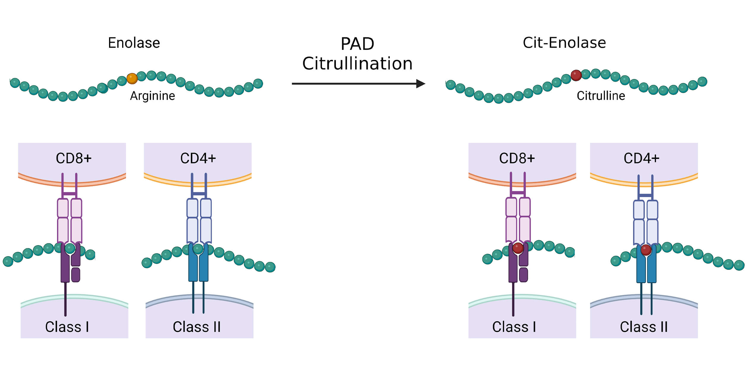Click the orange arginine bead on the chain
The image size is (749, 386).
click(132, 78)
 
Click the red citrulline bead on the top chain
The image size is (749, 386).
click(576, 75)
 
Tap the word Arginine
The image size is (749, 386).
click(152, 96)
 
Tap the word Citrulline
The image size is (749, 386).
click(601, 96)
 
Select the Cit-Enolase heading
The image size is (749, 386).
click(564, 43)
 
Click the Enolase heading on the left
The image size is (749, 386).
click(134, 43)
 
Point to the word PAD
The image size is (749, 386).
click(357, 44)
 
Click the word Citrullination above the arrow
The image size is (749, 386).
click(357, 64)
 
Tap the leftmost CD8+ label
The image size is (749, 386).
click(74, 158)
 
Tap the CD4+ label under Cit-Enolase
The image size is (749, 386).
click(641, 158)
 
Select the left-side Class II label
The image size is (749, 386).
click(197, 327)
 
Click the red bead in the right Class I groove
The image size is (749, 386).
click(518, 248)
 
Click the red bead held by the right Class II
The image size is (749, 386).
click(646, 250)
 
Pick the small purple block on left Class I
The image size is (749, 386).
click(75, 275)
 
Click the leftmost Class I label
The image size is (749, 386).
click(67, 327)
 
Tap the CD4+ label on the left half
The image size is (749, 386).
click(198, 158)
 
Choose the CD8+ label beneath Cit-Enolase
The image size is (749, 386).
click(517, 158)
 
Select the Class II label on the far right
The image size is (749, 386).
click(644, 327)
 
